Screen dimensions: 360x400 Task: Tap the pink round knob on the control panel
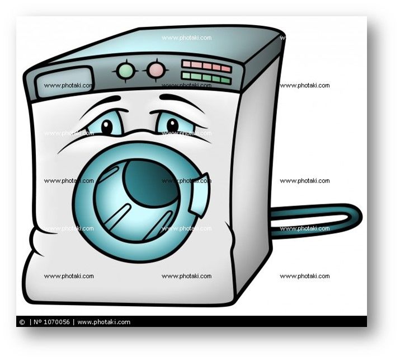156,70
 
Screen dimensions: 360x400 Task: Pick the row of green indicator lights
206,77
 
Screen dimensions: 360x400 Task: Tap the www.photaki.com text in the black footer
104,322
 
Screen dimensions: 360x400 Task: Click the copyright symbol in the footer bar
22,322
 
